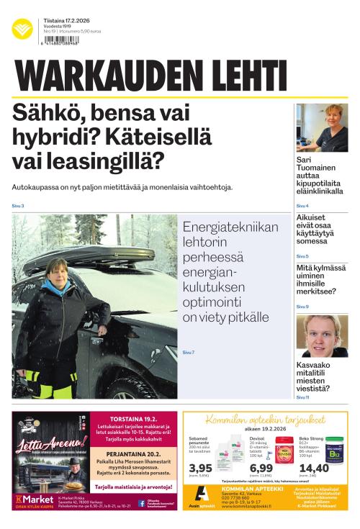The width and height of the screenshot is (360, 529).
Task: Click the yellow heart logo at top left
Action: (22, 30)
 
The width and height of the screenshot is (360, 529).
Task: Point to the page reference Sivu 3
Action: (18, 207)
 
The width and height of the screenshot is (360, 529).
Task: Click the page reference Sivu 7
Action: (189, 352)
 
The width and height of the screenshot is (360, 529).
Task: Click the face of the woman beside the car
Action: (57, 271)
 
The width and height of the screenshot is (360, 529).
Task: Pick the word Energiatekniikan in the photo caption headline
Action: (230, 227)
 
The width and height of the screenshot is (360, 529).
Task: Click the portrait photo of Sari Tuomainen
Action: (322, 127)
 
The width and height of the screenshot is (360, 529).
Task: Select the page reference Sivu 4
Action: (302, 207)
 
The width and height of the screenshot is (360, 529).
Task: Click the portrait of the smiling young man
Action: (322, 336)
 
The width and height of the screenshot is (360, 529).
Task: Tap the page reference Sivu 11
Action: (303, 397)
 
